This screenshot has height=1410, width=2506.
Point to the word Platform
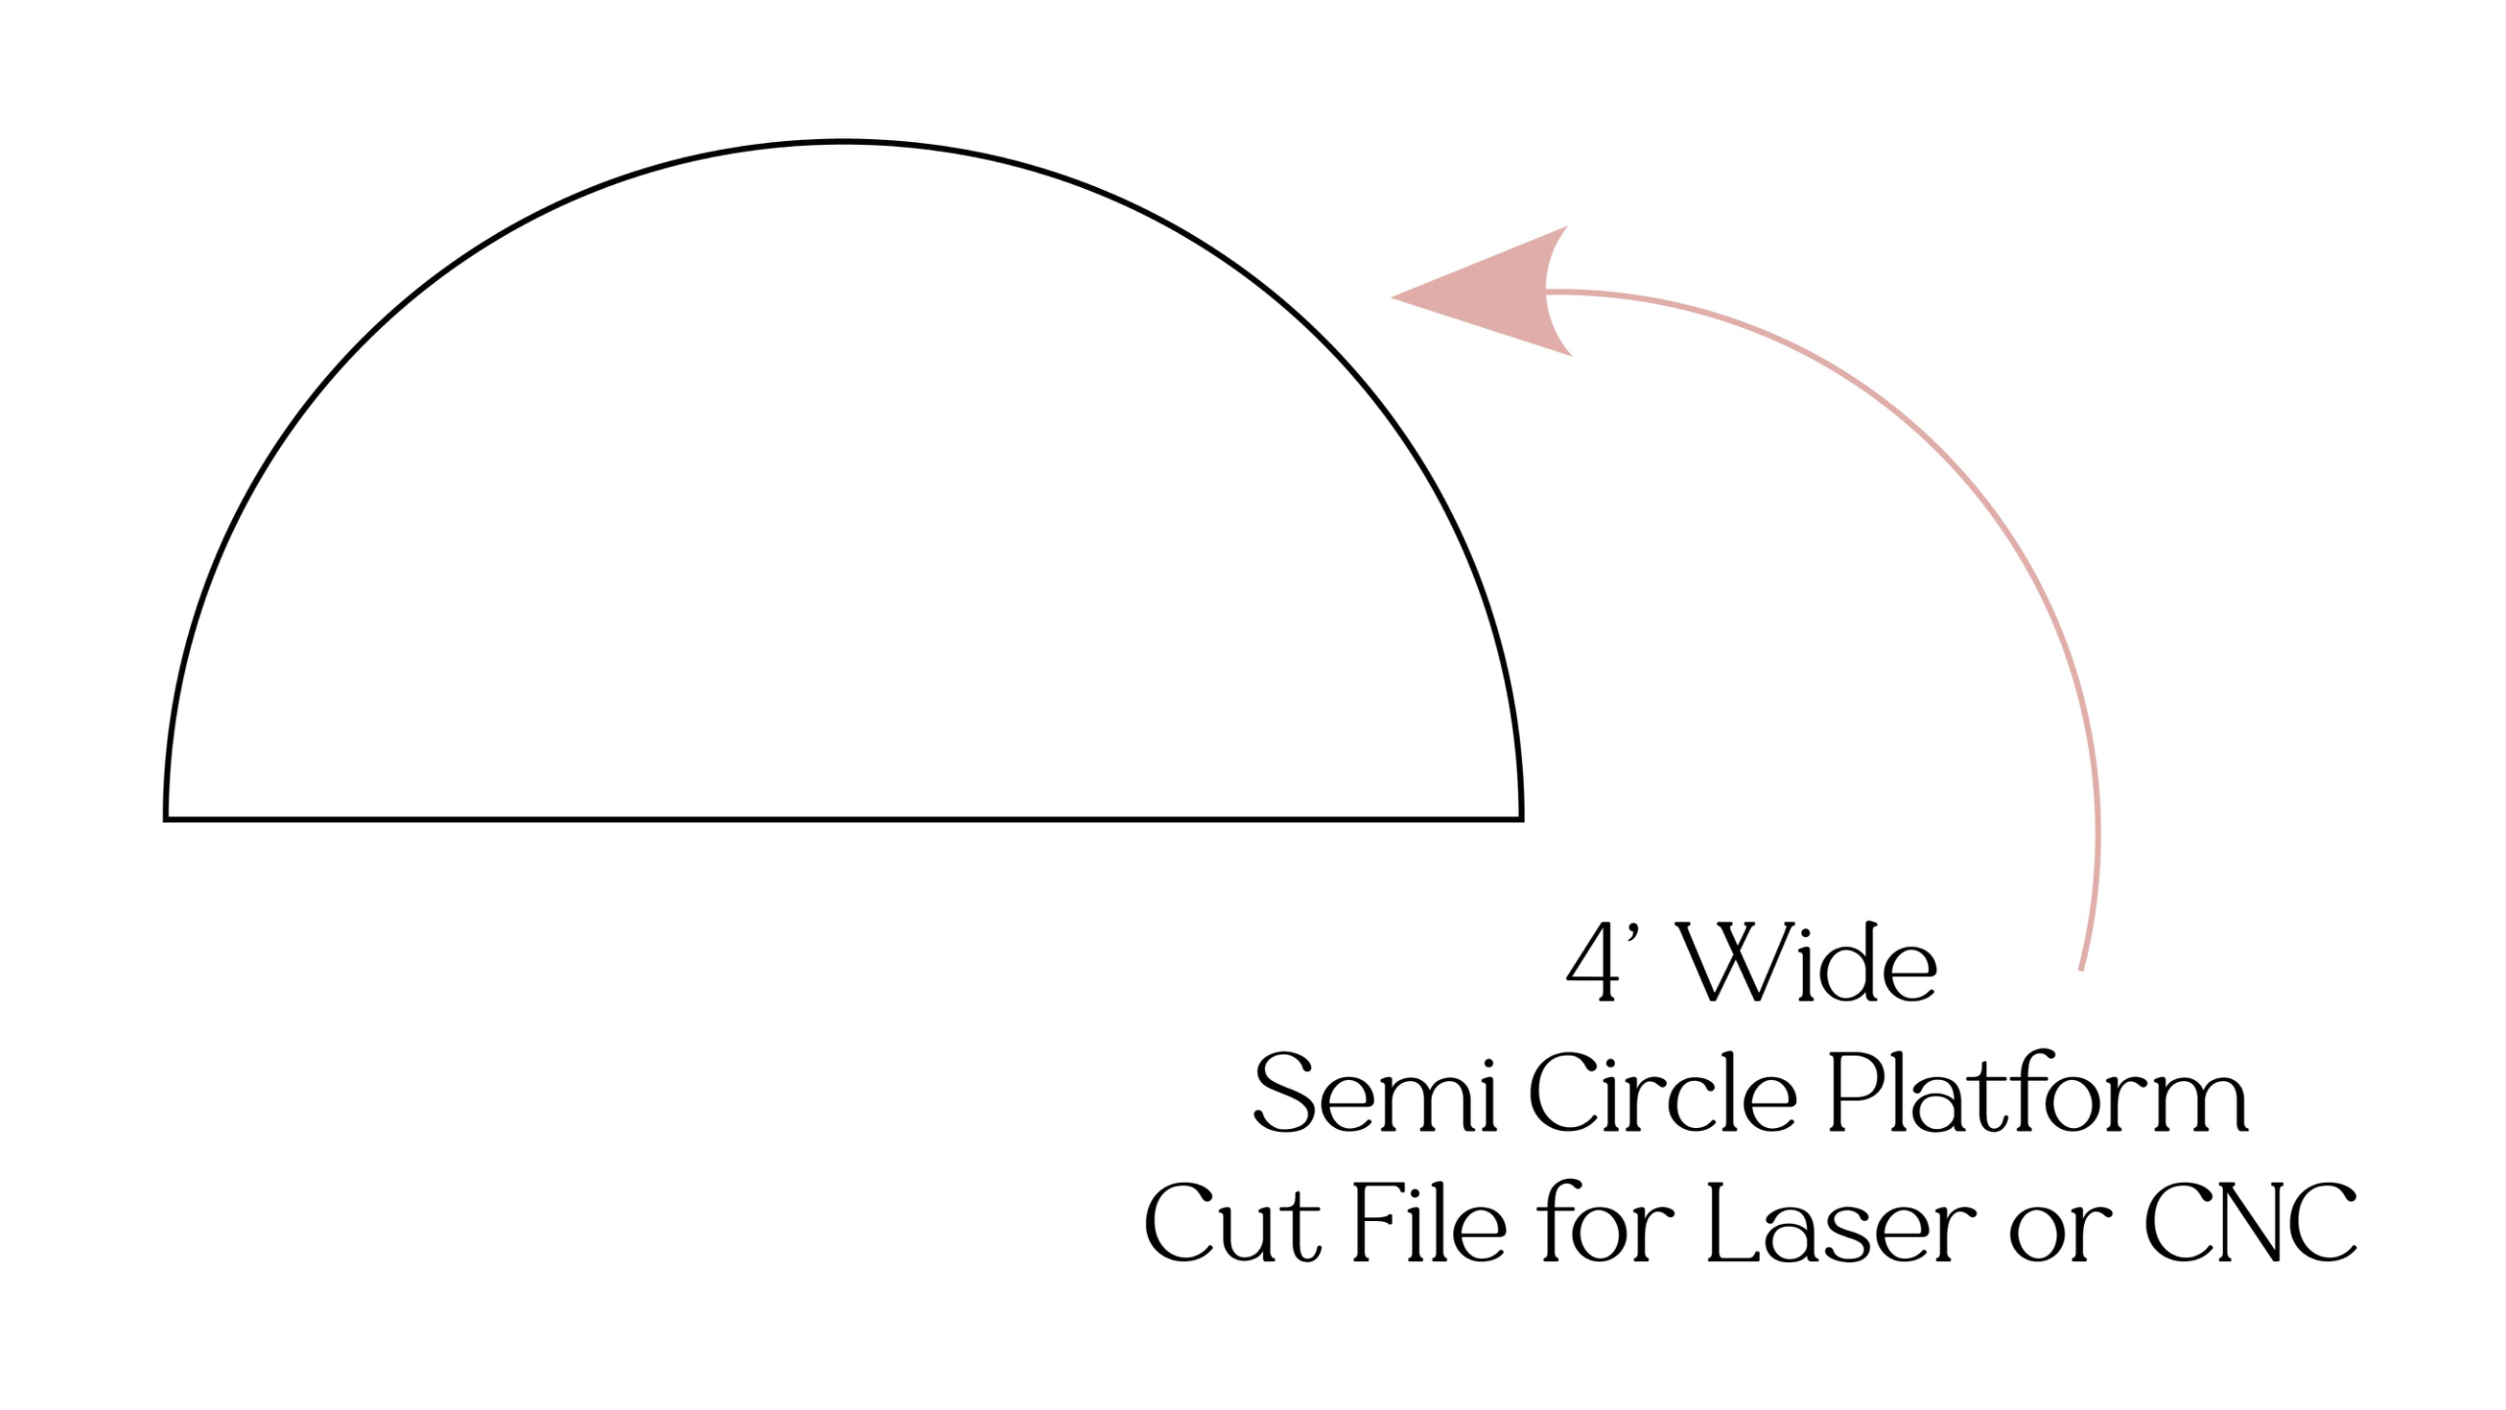click(x=2037, y=1093)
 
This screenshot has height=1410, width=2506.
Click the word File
click(x=1429, y=1223)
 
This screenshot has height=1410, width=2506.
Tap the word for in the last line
click(x=1606, y=1223)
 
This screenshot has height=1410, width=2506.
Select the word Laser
click(x=1841, y=1223)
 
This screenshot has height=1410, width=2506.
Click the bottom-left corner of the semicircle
click(x=166, y=818)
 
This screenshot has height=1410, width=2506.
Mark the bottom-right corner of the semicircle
click(x=1521, y=818)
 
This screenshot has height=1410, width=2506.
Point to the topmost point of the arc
click(x=843, y=143)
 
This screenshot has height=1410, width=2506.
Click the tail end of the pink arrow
click(x=2081, y=969)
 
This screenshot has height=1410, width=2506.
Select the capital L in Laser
click(x=1727, y=1223)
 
